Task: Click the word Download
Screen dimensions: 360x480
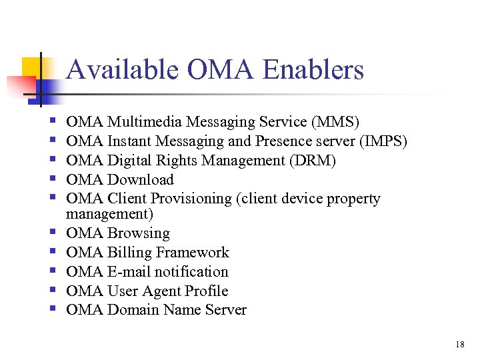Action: tap(141, 180)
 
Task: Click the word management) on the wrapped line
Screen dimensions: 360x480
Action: tap(109, 214)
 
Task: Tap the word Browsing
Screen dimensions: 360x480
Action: tap(139, 233)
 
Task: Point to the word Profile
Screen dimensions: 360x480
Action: tap(207, 291)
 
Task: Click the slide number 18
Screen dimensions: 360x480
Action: tap(459, 345)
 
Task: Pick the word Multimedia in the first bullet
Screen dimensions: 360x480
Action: tap(145, 122)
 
